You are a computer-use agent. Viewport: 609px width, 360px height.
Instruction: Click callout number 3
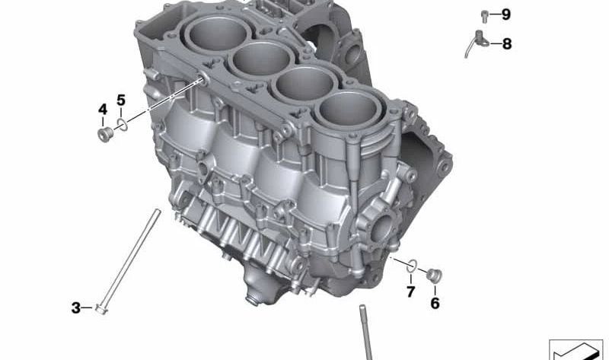pos(75,308)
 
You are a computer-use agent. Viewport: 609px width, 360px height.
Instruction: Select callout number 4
pos(103,110)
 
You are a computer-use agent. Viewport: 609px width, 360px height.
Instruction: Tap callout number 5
pos(121,100)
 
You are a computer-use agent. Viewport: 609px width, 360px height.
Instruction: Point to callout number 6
pos(435,304)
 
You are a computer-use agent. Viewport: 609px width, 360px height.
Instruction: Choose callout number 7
pos(411,292)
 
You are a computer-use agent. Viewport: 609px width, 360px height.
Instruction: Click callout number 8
pos(507,44)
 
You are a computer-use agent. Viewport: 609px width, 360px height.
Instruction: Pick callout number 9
pos(505,14)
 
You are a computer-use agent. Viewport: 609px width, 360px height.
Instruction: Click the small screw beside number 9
pos(484,16)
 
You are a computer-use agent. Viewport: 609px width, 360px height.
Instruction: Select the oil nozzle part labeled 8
pos(477,43)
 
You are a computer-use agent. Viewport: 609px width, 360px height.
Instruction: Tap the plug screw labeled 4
pos(105,135)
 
